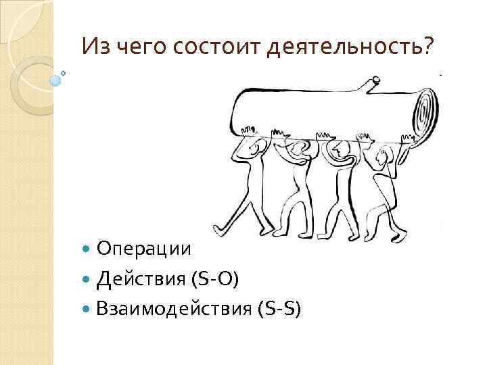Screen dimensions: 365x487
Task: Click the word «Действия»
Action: pyautogui.click(x=141, y=278)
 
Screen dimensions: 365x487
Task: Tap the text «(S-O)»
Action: pyautogui.click(x=215, y=278)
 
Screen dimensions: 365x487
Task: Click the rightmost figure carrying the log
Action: pyautogui.click(x=387, y=182)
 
